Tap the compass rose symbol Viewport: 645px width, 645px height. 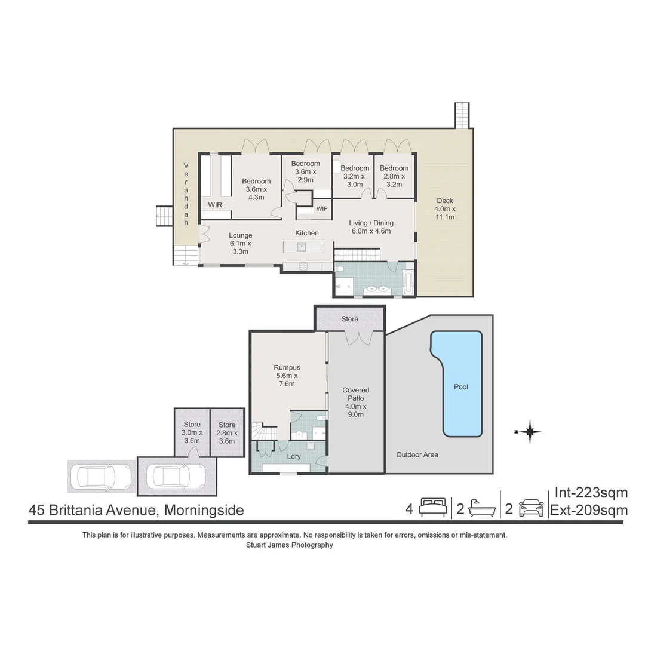point(529,431)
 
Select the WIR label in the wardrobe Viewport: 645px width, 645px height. point(216,205)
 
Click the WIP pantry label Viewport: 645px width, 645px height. point(322,208)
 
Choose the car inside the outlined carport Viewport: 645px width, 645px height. point(171,476)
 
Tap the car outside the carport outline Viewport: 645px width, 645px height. point(101,477)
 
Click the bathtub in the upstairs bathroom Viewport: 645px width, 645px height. point(408,282)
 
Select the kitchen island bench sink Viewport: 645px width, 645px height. point(302,246)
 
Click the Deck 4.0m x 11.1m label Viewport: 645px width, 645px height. point(445,208)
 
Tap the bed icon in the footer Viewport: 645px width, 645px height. point(432,508)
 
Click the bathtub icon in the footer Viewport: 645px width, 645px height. point(481,508)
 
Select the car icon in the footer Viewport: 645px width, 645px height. point(531,508)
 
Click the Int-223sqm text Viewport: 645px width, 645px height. point(591,493)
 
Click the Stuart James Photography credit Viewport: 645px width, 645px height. point(289,545)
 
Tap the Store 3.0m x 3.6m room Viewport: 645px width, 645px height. point(192,432)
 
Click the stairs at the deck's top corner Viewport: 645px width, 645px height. point(462,115)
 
